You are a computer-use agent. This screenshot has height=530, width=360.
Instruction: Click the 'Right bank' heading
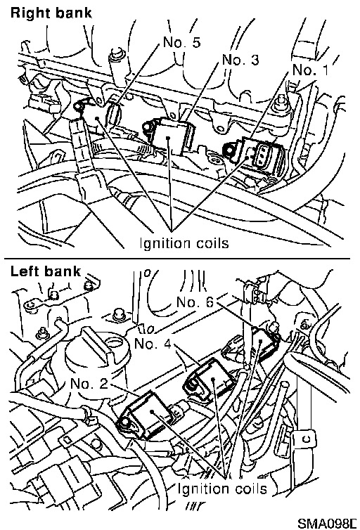click(51, 13)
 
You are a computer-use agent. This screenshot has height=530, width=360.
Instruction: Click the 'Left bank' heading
click(46, 271)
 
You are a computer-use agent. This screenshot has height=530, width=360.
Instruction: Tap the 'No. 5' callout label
click(181, 42)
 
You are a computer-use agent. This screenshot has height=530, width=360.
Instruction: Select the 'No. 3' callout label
click(240, 60)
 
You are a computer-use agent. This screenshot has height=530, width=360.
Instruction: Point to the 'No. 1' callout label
click(310, 70)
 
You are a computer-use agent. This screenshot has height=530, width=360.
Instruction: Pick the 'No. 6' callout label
click(195, 302)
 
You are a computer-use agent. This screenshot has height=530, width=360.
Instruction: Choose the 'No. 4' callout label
click(153, 344)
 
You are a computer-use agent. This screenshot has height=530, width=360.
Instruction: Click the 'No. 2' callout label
click(89, 383)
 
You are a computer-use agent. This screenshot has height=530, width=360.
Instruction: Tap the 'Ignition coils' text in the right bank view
click(184, 243)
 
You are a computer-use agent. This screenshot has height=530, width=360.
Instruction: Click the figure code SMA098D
click(327, 523)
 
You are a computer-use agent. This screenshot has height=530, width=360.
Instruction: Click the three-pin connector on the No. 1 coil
click(264, 155)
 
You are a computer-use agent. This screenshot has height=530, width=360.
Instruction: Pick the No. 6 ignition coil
click(264, 342)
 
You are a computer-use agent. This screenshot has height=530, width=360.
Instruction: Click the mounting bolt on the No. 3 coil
click(148, 127)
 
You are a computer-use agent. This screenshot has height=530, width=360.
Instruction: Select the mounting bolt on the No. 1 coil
click(228, 149)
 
